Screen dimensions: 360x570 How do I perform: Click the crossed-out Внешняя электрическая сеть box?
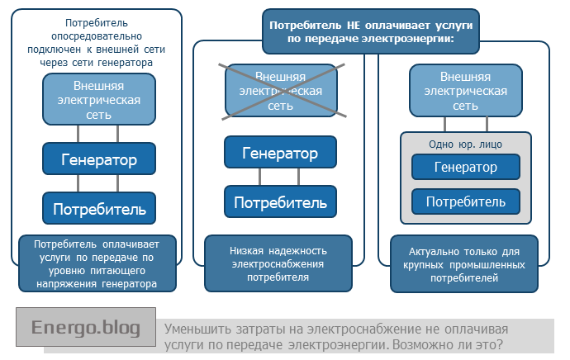click(x=280, y=91)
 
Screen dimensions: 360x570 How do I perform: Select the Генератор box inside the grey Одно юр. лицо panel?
click(x=465, y=168)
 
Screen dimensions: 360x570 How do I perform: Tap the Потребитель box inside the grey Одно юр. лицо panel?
click(x=465, y=201)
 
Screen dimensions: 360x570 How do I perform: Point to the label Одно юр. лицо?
click(x=466, y=144)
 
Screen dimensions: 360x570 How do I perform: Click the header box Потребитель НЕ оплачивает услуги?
click(x=369, y=32)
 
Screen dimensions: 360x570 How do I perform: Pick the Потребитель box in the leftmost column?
click(x=98, y=209)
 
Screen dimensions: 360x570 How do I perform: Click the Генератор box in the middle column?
click(x=280, y=154)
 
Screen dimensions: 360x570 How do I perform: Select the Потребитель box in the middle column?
click(x=280, y=202)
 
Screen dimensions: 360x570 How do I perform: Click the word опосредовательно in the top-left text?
click(x=98, y=36)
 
